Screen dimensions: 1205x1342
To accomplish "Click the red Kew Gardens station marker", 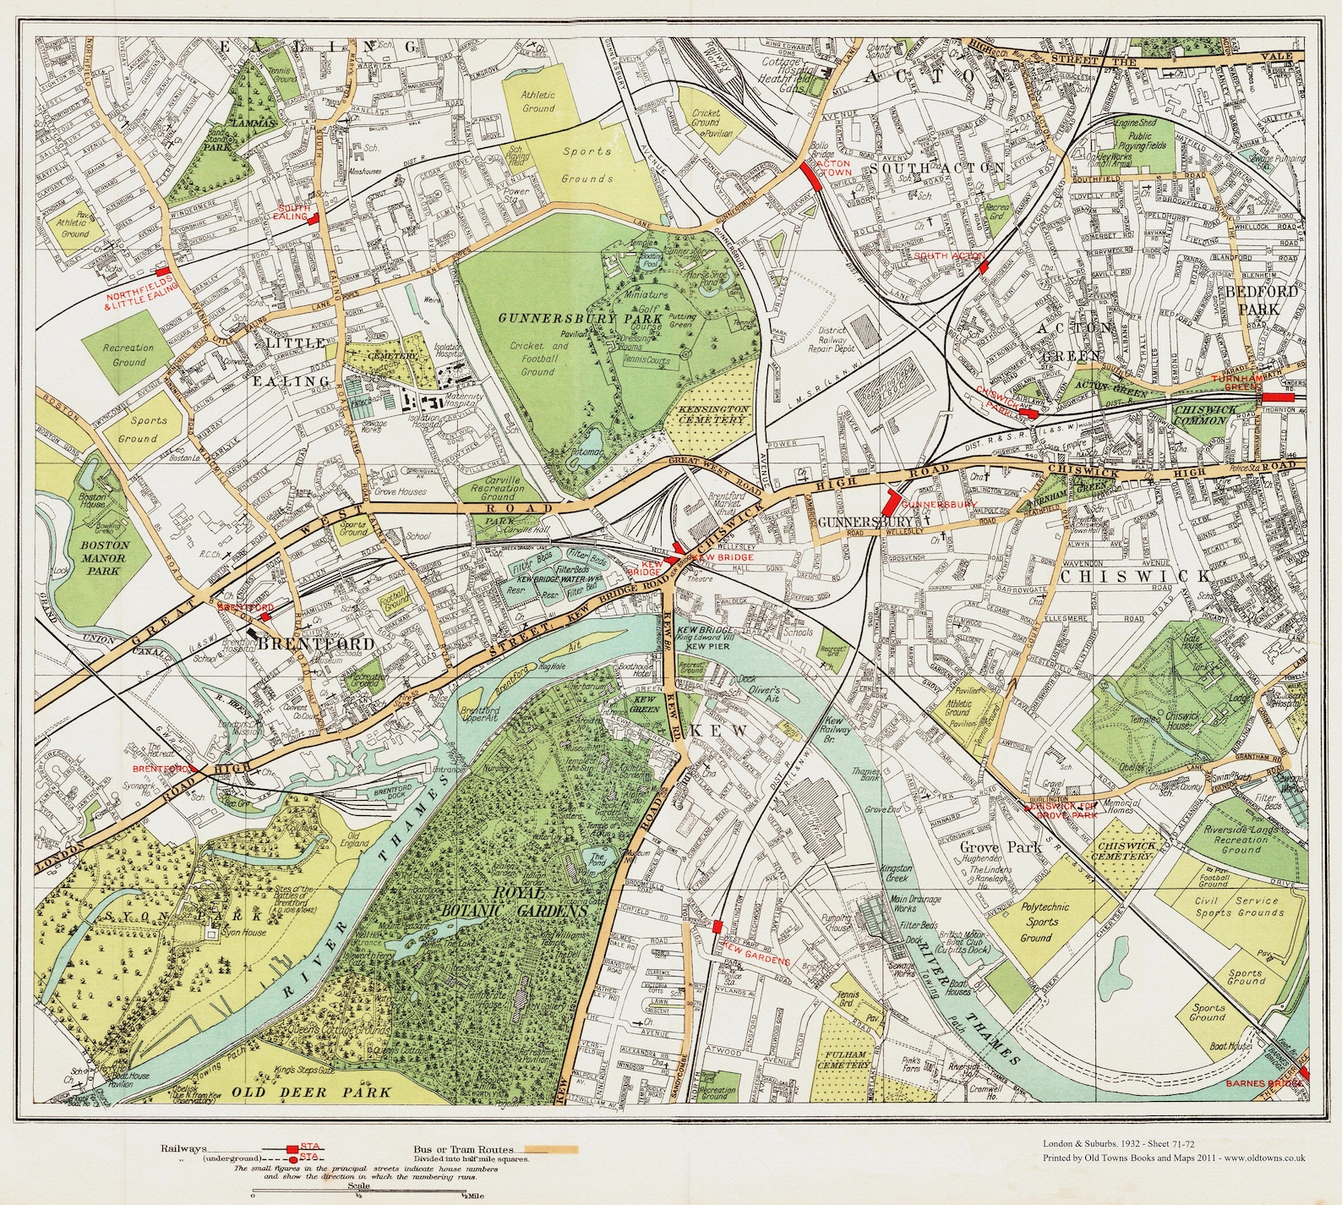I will [x=717, y=926].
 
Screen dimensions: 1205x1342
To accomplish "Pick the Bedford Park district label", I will [x=1259, y=300].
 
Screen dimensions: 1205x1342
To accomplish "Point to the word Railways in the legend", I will [x=182, y=1149].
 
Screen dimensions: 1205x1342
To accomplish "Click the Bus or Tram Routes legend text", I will [x=465, y=1149].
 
